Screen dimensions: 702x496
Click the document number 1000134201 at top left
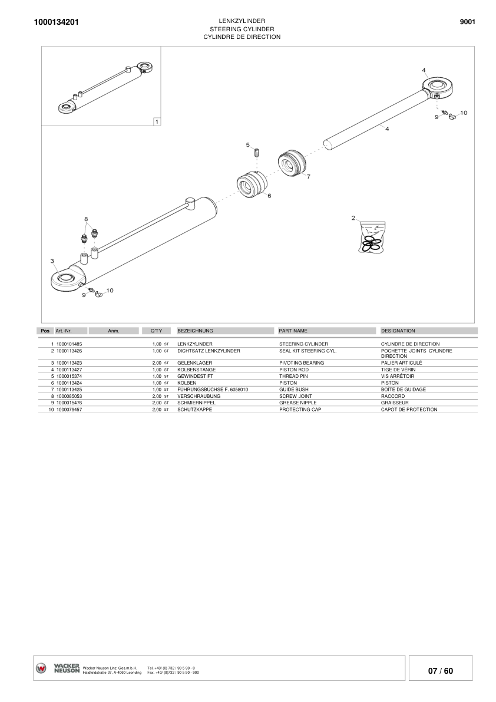click(x=53, y=22)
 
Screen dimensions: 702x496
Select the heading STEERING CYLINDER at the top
click(x=242, y=29)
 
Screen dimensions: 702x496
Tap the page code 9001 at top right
click(x=467, y=22)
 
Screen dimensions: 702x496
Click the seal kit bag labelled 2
click(x=372, y=238)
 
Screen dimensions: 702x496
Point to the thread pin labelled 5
click(x=257, y=153)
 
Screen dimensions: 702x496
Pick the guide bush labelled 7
click(x=292, y=162)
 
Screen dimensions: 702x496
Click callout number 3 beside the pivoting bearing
click(x=52, y=260)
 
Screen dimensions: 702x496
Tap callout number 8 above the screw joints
click(x=86, y=219)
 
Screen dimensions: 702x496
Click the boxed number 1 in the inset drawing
click(x=156, y=121)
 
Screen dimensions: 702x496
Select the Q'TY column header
click(x=156, y=331)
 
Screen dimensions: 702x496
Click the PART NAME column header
click(x=293, y=331)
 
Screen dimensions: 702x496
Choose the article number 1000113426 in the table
click(x=69, y=351)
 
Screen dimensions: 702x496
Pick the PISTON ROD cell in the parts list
click(x=293, y=370)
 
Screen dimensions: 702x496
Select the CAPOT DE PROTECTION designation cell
click(x=409, y=409)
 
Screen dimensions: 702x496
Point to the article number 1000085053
click(x=69, y=397)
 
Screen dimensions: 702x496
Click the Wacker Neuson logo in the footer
click(x=58, y=668)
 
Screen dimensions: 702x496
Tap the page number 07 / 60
click(x=441, y=671)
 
